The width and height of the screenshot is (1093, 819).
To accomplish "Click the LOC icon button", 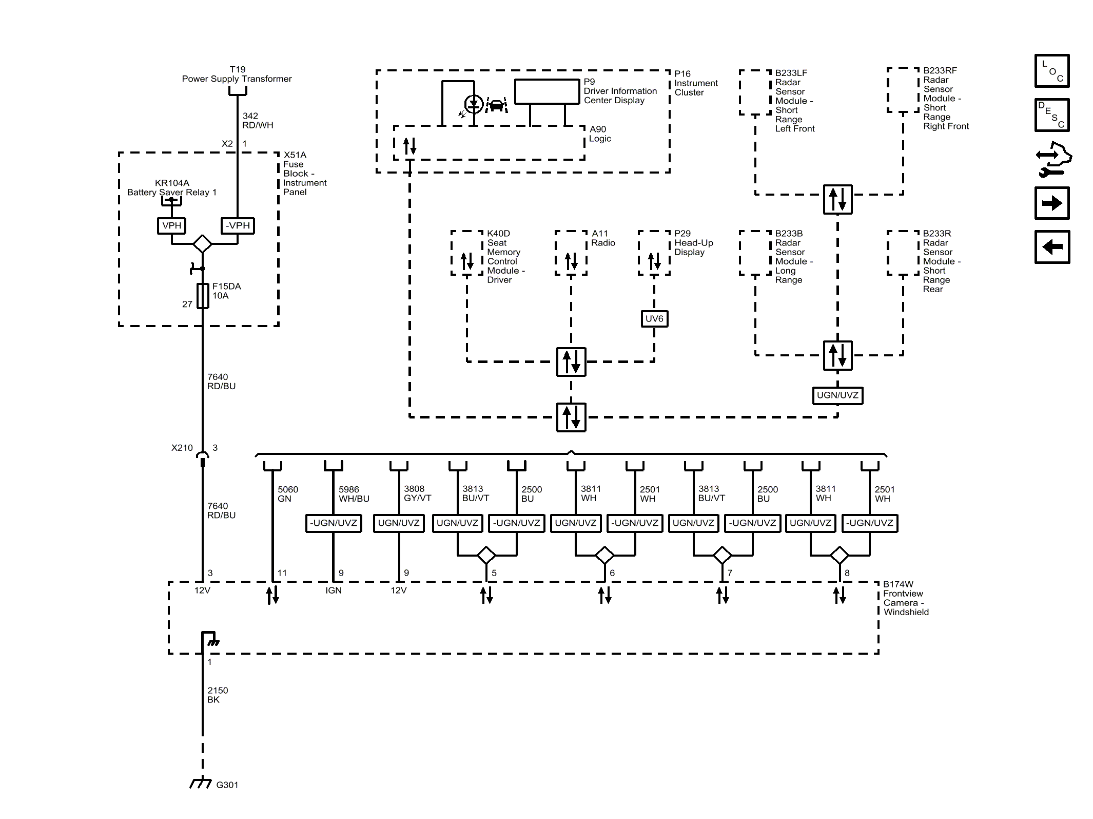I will (x=1051, y=71).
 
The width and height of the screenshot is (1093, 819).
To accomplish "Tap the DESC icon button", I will (x=1051, y=115).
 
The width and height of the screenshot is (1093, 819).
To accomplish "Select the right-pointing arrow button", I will (x=1051, y=203).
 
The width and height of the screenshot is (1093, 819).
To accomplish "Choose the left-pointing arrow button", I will (x=1051, y=247).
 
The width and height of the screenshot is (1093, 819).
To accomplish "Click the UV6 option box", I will (x=654, y=319).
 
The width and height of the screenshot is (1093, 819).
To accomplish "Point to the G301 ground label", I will (x=227, y=785).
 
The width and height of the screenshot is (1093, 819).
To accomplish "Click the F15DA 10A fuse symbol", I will (x=203, y=296).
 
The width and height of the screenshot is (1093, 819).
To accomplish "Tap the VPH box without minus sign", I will (x=171, y=225).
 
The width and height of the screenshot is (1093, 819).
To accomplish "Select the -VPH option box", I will (x=238, y=225).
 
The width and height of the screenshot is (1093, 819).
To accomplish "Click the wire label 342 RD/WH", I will (x=258, y=121).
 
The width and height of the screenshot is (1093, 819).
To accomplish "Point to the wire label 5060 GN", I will (x=287, y=494).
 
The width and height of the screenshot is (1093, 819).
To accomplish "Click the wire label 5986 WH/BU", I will (x=354, y=494).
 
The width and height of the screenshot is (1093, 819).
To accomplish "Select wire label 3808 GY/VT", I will (x=417, y=493).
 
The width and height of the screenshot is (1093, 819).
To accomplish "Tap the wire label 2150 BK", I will (x=218, y=695).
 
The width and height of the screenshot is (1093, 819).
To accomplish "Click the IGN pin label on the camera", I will (x=333, y=591).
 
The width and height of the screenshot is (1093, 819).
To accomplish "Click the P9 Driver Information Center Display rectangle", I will (x=547, y=91).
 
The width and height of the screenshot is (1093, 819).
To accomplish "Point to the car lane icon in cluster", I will (x=496, y=105).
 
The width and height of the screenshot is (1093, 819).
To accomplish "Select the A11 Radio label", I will (x=602, y=238).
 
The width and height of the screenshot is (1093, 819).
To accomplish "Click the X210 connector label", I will (x=182, y=448).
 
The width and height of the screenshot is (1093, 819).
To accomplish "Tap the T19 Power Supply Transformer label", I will (x=237, y=74).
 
